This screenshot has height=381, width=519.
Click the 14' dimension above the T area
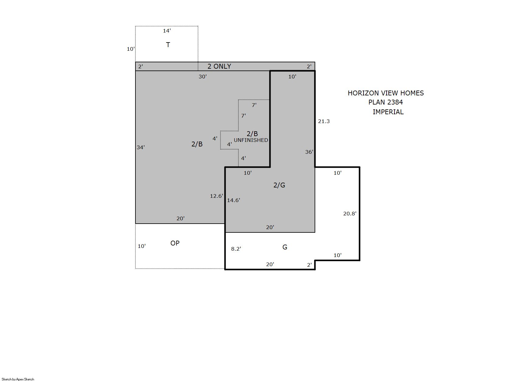tap(167, 31)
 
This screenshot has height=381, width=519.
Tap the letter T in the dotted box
tap(168, 45)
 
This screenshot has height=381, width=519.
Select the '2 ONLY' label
tap(219, 66)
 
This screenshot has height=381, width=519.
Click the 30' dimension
tap(203, 77)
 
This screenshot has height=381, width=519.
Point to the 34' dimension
tap(141, 147)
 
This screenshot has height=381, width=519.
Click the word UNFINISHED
tap(251, 140)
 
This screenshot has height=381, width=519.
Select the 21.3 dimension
tap(324, 121)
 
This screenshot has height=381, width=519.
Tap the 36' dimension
tap(309, 152)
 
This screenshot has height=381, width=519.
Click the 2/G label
tap(279, 185)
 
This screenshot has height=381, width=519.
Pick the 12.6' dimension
tap(217, 196)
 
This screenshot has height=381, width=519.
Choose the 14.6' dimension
tap(234, 200)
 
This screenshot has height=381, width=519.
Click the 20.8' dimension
tap(350, 214)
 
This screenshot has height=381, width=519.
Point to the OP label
tap(175, 243)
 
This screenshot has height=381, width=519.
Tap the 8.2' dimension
tap(236, 249)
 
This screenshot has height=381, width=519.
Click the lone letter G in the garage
tap(285, 247)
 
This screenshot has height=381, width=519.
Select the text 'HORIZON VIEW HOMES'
tap(386, 93)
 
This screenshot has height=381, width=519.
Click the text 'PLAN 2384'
tap(386, 102)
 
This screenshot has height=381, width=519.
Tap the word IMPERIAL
tap(388, 112)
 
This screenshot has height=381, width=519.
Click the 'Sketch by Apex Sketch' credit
tap(18, 379)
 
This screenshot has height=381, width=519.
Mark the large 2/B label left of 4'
tap(197, 144)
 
